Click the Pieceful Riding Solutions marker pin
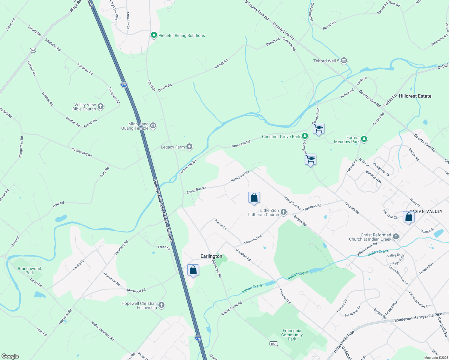[154, 35]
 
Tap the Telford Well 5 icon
[344, 61]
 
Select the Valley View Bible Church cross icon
[101, 106]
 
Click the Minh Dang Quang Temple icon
[153, 126]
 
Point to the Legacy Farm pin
[189, 147]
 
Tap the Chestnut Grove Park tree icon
[305, 136]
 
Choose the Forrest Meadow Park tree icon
[364, 139]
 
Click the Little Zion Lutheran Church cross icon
[284, 212]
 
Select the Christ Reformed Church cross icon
[396, 237]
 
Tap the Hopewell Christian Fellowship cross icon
[161, 305]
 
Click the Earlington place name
[211, 256]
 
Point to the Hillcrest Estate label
[415, 96]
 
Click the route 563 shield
[33, 50]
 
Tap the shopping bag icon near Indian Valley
[408, 217]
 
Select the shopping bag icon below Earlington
[193, 270]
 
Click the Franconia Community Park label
[292, 335]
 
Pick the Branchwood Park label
[29, 271]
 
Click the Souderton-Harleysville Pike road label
[418, 318]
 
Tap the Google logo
[10, 356]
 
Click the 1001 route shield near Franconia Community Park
[273, 343]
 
